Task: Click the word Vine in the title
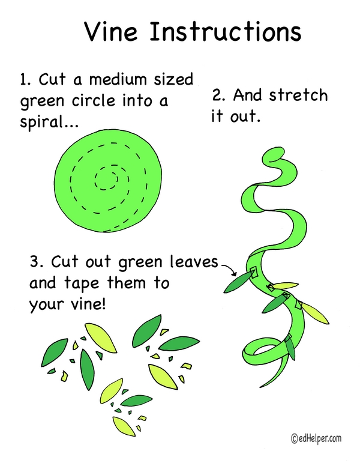111,31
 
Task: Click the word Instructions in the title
225,31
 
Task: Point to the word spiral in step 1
44,122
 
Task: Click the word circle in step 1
93,101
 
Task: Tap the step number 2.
218,95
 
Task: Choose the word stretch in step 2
298,95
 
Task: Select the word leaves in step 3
194,262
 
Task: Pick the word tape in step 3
82,283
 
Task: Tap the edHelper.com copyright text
316,438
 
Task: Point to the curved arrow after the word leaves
229,268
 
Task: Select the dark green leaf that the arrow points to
238,282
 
